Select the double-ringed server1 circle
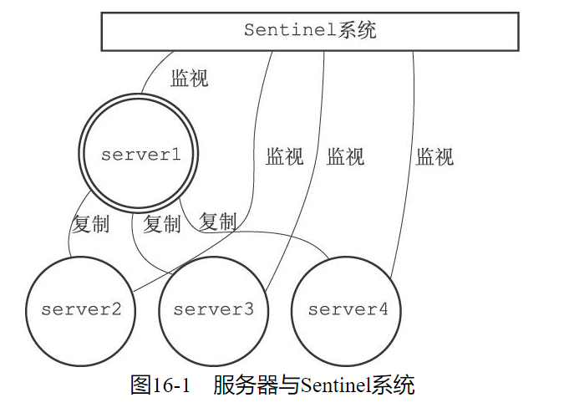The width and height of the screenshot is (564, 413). [140, 155]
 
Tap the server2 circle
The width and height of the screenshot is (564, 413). [81, 310]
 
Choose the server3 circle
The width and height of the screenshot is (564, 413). [213, 310]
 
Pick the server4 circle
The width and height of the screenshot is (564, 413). [347, 310]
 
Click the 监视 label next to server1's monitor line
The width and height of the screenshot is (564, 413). [189, 79]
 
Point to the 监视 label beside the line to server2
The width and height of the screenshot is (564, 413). [284, 156]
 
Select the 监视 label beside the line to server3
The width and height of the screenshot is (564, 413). [345, 156]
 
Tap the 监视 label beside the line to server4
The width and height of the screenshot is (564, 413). [434, 156]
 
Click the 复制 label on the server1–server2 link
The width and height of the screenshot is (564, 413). [90, 224]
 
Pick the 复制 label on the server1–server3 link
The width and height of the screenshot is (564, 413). [161, 224]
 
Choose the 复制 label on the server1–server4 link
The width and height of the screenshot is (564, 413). [217, 222]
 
